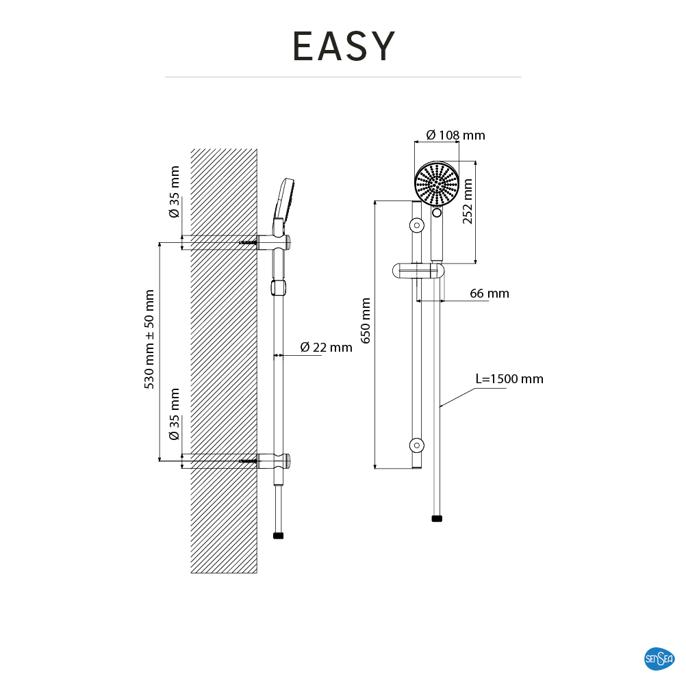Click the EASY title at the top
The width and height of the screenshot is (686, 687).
(344, 47)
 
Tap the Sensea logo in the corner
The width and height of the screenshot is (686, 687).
(659, 659)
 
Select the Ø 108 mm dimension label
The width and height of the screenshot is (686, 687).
(455, 135)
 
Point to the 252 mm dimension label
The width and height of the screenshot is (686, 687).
(468, 201)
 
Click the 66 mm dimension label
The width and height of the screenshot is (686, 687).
(490, 294)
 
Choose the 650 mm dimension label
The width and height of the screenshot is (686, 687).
(366, 320)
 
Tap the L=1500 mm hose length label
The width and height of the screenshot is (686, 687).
(509, 379)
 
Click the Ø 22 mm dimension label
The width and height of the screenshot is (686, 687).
(326, 348)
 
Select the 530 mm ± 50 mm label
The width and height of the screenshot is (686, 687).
(150, 339)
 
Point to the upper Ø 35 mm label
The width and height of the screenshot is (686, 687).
(175, 192)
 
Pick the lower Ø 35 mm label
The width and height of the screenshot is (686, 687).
(175, 414)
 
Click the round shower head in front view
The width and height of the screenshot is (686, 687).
(436, 183)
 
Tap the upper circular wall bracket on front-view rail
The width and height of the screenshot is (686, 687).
(416, 225)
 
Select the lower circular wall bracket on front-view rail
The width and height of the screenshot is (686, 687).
(416, 445)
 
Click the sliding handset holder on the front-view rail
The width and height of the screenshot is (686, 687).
(418, 272)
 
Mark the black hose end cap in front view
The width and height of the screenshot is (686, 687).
(437, 519)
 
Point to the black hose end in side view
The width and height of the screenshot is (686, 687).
(278, 536)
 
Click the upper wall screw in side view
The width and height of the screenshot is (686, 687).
(247, 242)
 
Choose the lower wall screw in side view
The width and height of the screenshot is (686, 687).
(247, 462)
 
